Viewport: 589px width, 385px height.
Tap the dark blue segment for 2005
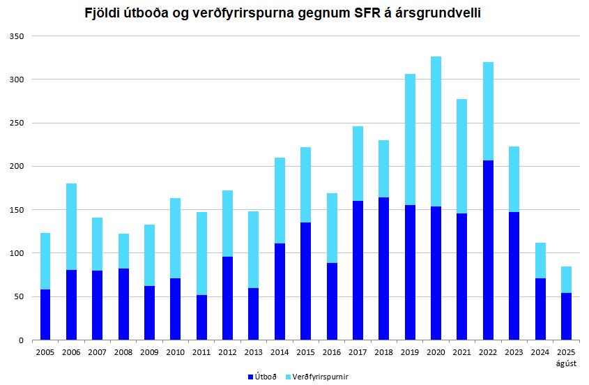(x=45, y=315)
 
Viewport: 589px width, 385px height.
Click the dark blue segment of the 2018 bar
(x=384, y=269)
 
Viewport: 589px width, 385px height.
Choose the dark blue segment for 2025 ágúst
(x=566, y=316)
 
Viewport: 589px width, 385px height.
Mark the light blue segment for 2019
(x=410, y=139)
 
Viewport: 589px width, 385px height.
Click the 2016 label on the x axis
(x=332, y=353)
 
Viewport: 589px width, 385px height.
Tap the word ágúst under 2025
(x=566, y=363)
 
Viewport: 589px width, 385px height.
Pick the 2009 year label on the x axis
(x=149, y=353)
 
